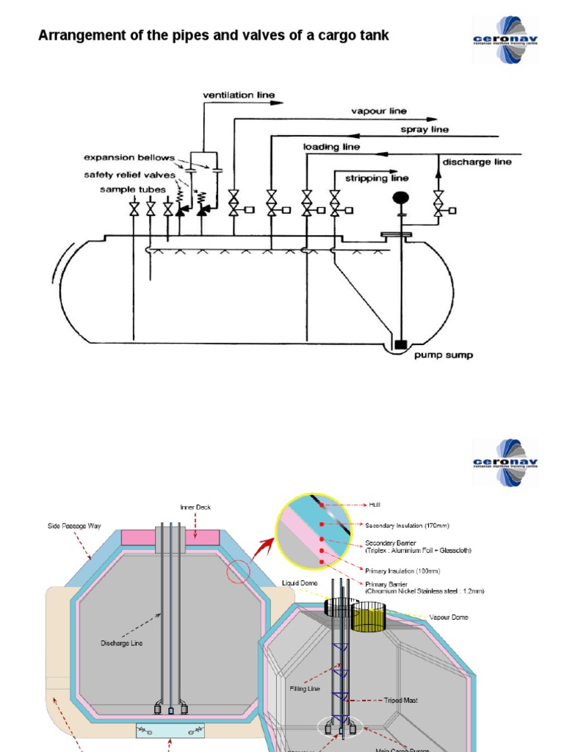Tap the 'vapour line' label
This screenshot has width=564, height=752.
click(x=379, y=112)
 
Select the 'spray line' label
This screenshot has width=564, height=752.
click(x=424, y=129)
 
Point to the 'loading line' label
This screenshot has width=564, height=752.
click(x=331, y=147)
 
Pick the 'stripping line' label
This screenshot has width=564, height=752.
click(x=380, y=178)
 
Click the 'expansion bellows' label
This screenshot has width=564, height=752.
click(x=129, y=157)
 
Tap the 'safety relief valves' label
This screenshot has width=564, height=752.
click(x=129, y=174)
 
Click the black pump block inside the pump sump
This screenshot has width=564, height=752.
click(x=402, y=344)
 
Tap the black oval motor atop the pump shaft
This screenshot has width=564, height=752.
click(x=402, y=197)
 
